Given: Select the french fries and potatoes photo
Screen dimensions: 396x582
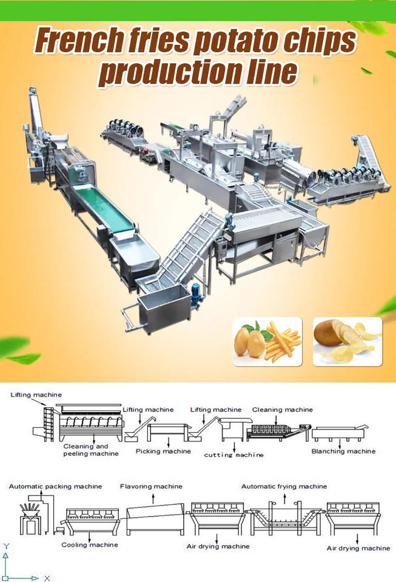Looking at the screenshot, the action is point(267,341).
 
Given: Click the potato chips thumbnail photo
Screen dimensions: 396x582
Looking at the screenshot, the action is point(347,341).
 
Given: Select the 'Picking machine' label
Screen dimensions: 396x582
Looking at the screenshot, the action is point(163,451).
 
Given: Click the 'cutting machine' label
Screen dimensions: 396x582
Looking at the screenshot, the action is point(233,454).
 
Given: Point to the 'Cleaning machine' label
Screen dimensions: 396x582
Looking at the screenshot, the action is point(283,410).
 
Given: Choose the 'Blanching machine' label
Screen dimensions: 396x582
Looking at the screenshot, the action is point(343,451).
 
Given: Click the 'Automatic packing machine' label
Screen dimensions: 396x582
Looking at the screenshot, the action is point(55,486).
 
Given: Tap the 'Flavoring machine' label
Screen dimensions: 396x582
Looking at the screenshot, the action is point(151,486).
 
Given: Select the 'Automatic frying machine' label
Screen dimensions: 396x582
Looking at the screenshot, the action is point(284,486).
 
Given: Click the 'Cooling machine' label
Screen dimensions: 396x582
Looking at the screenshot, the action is point(90,544).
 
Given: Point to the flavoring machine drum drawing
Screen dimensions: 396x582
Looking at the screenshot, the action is point(154,518).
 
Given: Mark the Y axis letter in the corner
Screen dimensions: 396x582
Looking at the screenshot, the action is point(6,546).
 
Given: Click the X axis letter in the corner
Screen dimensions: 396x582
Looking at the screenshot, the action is point(47,578).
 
